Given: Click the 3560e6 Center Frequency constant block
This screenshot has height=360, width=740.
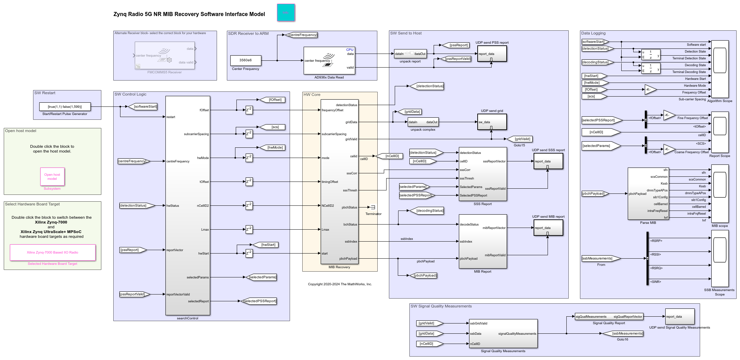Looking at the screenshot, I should (x=245, y=60).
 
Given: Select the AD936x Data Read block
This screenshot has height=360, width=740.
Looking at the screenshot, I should (x=329, y=60).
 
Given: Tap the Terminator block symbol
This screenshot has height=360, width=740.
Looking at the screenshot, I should (x=373, y=207).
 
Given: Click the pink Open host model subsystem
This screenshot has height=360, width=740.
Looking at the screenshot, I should (x=52, y=177).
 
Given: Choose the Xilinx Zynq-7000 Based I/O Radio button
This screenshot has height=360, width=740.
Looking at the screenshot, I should (x=53, y=253).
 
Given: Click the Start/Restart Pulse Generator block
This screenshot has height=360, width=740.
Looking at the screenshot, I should (x=65, y=107).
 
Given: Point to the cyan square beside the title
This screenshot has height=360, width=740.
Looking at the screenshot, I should (x=286, y=13).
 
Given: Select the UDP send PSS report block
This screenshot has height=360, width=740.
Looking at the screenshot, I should (x=492, y=54).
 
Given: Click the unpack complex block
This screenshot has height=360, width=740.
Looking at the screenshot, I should (x=423, y=122).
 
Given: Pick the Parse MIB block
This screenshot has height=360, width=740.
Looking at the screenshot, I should (x=648, y=194).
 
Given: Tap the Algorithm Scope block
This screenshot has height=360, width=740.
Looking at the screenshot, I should (x=720, y=69).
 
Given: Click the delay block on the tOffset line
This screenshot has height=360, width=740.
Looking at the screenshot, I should (x=249, y=182).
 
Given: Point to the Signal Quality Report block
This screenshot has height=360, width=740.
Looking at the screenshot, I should (x=609, y=317).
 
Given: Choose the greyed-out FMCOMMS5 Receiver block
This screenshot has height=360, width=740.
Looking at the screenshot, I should (x=165, y=56).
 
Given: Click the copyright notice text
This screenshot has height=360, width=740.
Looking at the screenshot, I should (x=340, y=284).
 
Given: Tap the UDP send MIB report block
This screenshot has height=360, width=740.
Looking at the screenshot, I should (x=548, y=228).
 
